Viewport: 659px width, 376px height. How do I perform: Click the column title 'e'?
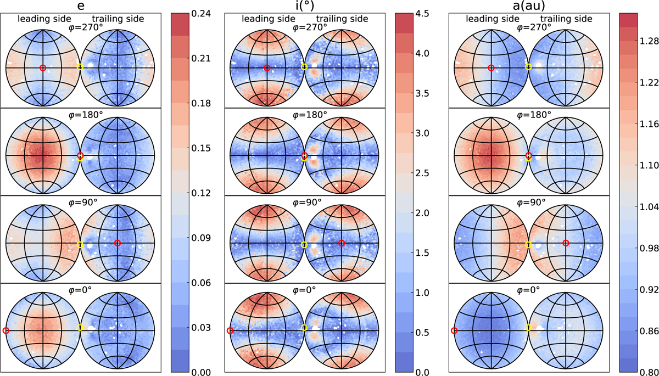point(81,6)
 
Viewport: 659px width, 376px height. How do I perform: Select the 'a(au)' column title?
point(529,6)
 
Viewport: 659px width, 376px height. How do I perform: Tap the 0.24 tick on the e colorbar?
point(201,14)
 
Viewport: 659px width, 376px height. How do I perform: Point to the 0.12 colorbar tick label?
point(201,193)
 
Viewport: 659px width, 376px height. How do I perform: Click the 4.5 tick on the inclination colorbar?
point(421,14)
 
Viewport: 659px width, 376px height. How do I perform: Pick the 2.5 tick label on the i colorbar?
point(421,173)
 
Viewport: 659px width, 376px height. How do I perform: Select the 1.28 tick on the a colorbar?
point(649,41)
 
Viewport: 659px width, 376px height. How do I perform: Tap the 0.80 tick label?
point(649,372)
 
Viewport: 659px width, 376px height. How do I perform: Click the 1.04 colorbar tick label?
point(649,207)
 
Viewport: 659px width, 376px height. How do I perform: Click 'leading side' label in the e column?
point(44,19)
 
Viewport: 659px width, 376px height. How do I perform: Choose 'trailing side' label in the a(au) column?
point(566,19)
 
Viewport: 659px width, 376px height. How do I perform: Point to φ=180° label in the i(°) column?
point(310,115)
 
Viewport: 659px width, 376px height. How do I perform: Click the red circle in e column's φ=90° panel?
point(118,243)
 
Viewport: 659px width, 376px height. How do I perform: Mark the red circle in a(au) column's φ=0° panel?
point(454,331)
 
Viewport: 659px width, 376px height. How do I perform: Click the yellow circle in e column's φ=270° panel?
point(80,67)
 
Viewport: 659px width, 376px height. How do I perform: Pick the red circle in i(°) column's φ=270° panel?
point(267,68)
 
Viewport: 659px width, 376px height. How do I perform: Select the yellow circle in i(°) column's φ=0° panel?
point(304,328)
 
